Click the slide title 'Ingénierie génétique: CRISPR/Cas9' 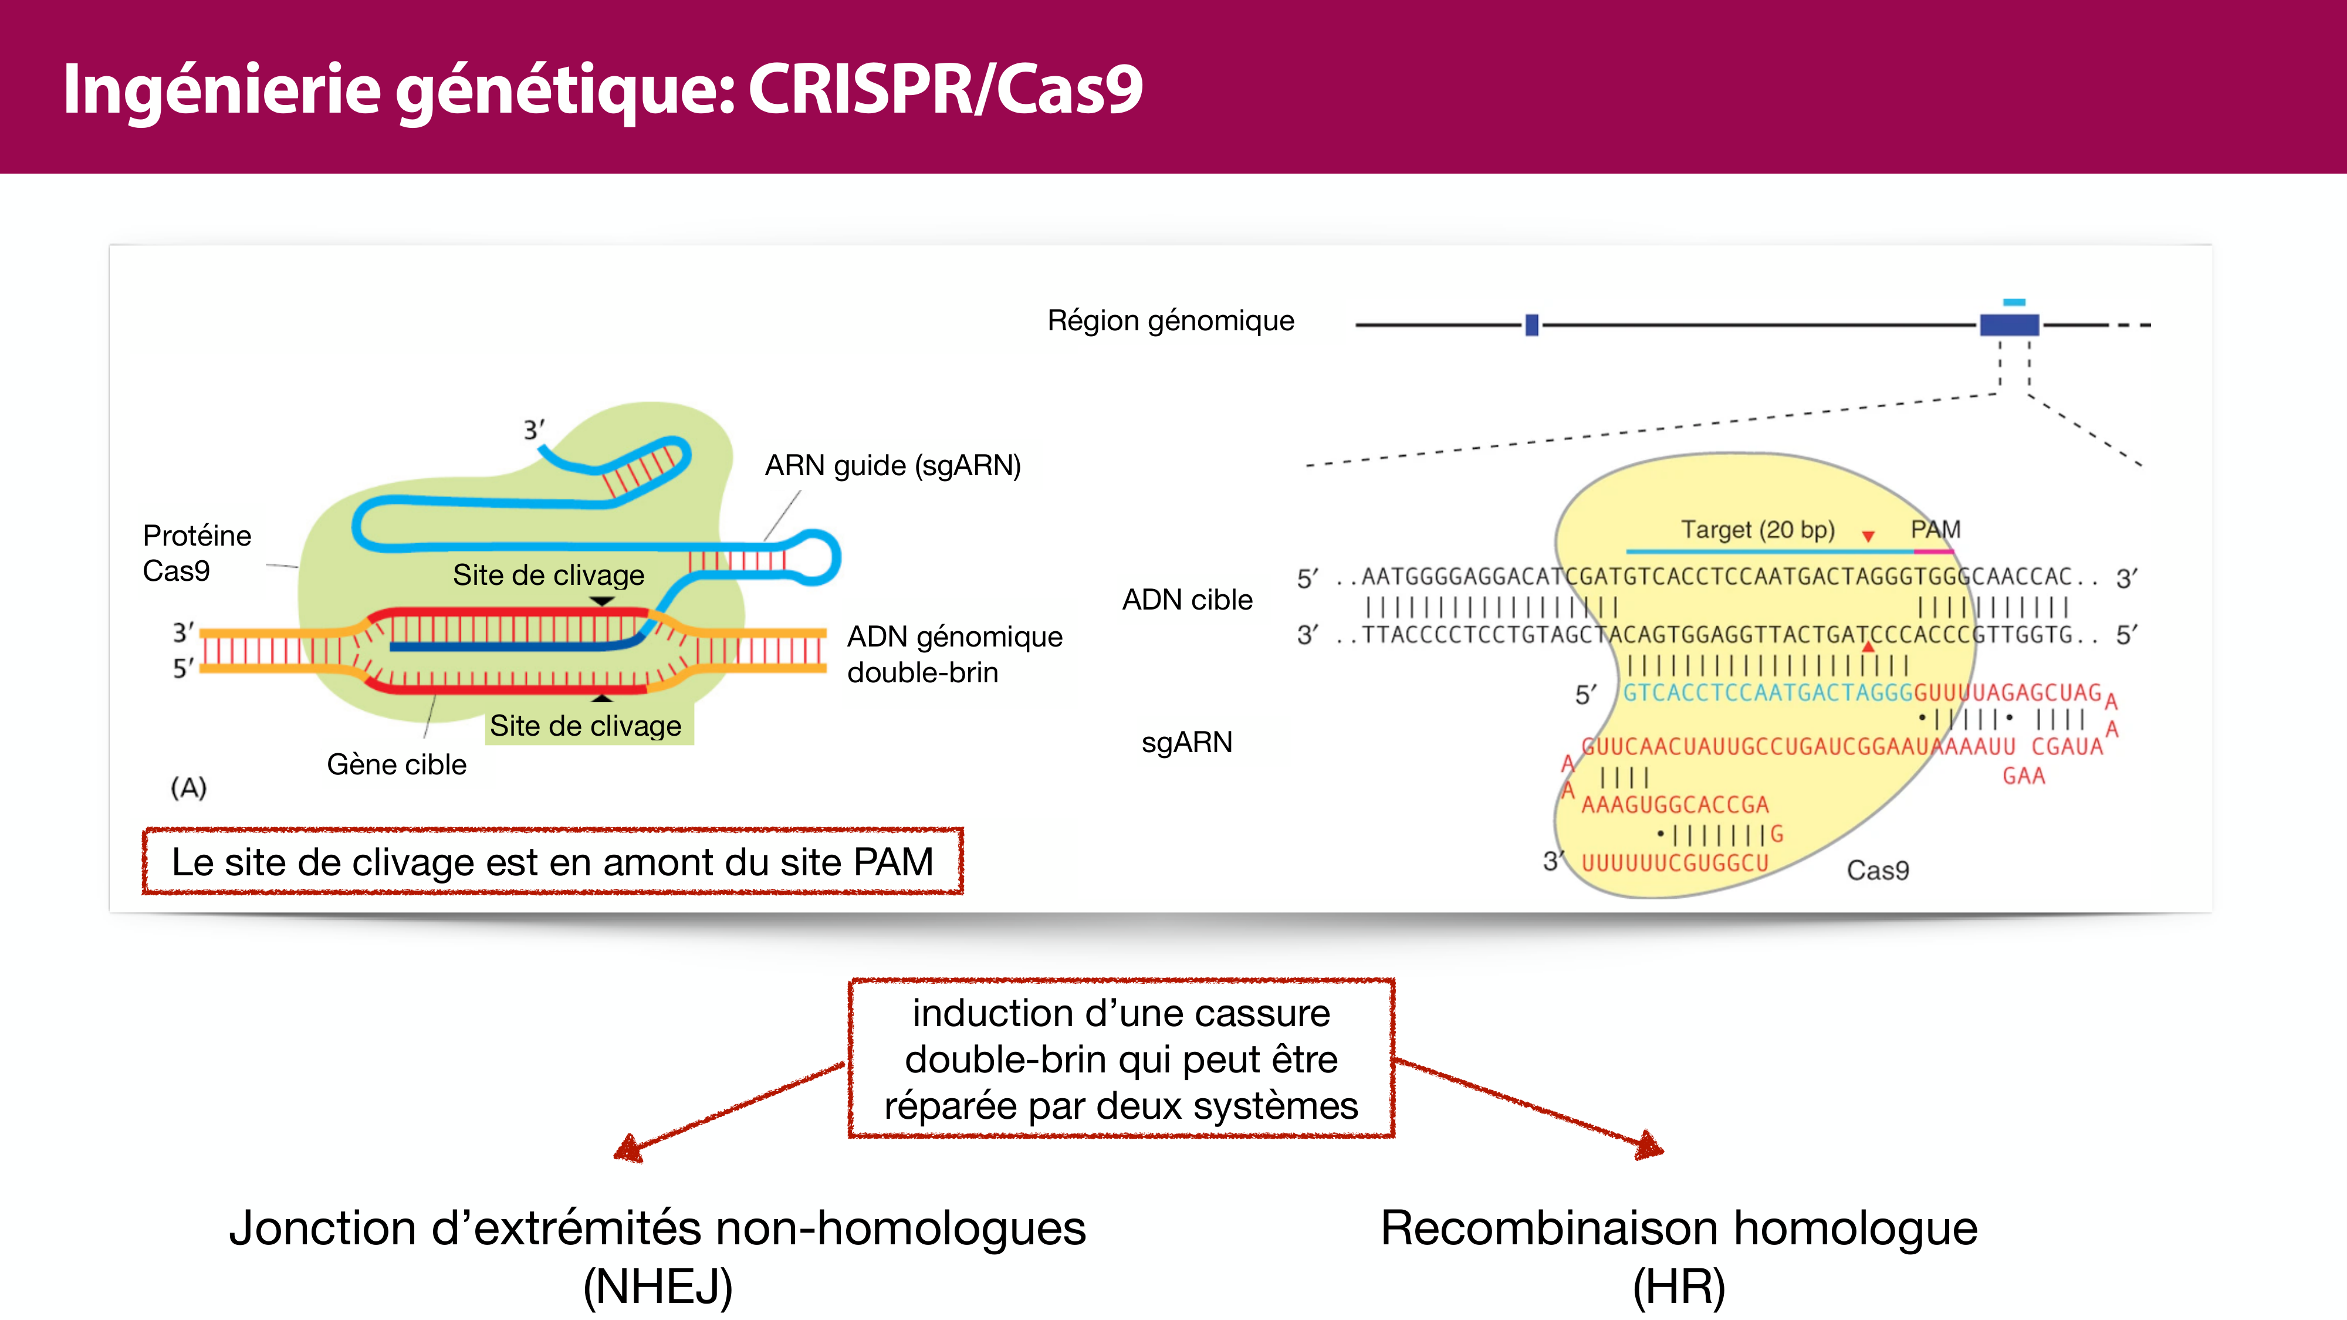602,89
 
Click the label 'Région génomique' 1170,321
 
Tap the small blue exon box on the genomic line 1531,324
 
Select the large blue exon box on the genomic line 2009,324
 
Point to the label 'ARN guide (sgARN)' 892,465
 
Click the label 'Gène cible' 396,764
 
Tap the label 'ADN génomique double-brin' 954,654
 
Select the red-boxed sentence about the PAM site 552,862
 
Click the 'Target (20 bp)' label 1757,529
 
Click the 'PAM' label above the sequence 1935,529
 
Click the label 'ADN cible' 1186,600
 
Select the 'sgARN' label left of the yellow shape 1186,743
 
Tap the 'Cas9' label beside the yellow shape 1877,870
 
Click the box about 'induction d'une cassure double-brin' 1121,1058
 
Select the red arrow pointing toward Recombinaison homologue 1531,1107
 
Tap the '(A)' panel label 188,787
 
